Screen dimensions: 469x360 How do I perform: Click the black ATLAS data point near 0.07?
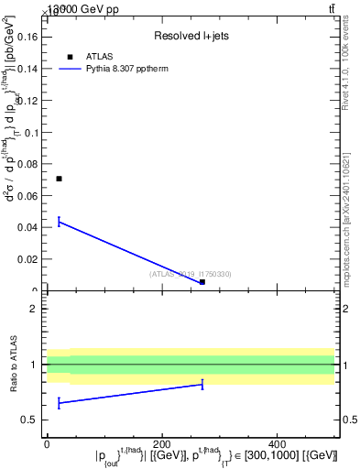pyautogui.click(x=59, y=179)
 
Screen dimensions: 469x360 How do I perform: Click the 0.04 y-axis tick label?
pyautogui.click(x=28, y=227)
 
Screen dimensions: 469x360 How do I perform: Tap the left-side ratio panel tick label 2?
pyautogui.click(x=33, y=309)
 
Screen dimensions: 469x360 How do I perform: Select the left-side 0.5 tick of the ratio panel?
pyautogui.click(x=30, y=420)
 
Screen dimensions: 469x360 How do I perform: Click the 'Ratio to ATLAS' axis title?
pyautogui.click(x=13, y=365)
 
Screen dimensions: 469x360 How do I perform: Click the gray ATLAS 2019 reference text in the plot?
pyautogui.click(x=191, y=274)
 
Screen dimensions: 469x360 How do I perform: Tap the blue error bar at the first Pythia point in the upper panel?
pyautogui.click(x=59, y=221)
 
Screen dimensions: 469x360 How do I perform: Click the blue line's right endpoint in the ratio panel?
pyautogui.click(x=202, y=384)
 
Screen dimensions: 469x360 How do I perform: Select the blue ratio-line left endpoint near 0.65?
pyautogui.click(x=59, y=401)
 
